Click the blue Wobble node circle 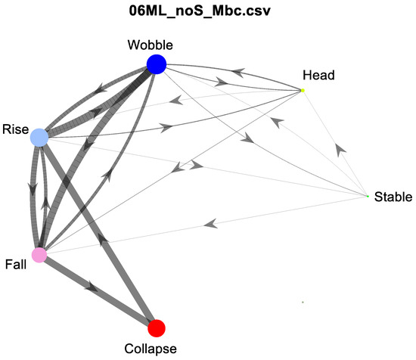pyautogui.click(x=157, y=64)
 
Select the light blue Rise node pyautogui.click(x=39, y=138)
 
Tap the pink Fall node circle pyautogui.click(x=39, y=255)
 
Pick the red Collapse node pyautogui.click(x=157, y=327)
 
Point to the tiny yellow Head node pyautogui.click(x=303, y=91)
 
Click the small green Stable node pyautogui.click(x=368, y=197)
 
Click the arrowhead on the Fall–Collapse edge pyautogui.click(x=93, y=287)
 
